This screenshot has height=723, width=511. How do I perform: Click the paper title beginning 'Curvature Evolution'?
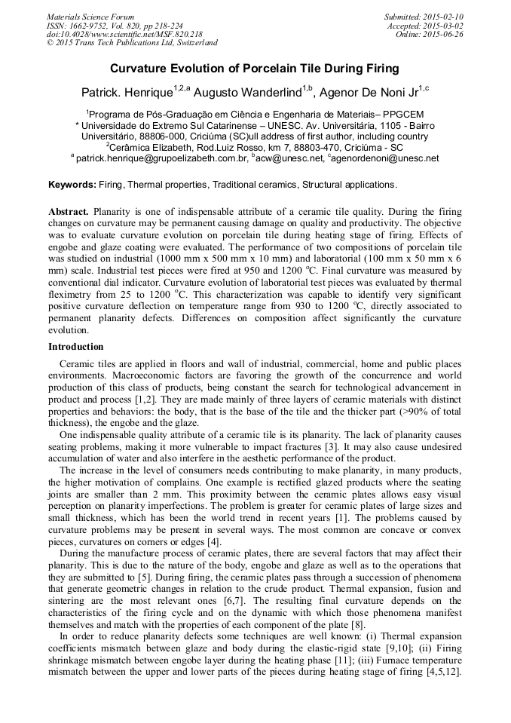point(255,69)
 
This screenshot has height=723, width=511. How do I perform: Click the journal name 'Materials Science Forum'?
point(90,17)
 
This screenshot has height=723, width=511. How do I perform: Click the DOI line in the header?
point(124,34)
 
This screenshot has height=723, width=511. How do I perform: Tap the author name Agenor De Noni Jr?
point(368,93)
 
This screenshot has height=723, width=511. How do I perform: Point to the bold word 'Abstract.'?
point(69,213)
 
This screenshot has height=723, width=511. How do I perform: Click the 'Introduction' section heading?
point(76,347)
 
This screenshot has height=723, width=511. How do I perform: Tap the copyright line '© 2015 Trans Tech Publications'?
point(132,43)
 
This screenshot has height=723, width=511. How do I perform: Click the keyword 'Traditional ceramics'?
point(255,185)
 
